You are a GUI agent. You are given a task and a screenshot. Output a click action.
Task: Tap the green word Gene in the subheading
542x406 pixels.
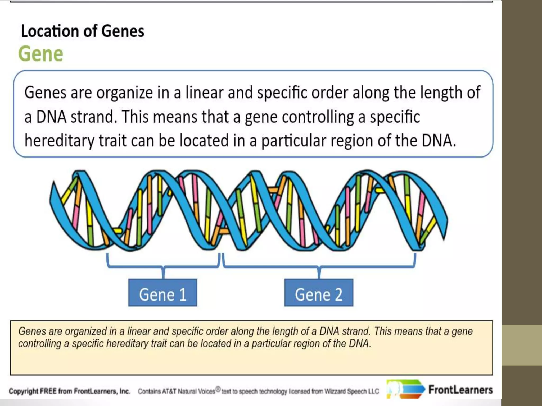pyautogui.click(x=41, y=54)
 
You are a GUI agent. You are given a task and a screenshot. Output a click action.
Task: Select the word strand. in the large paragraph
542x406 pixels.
pyautogui.click(x=94, y=117)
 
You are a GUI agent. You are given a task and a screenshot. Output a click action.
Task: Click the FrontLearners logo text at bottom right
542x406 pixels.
pyautogui.click(x=460, y=390)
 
